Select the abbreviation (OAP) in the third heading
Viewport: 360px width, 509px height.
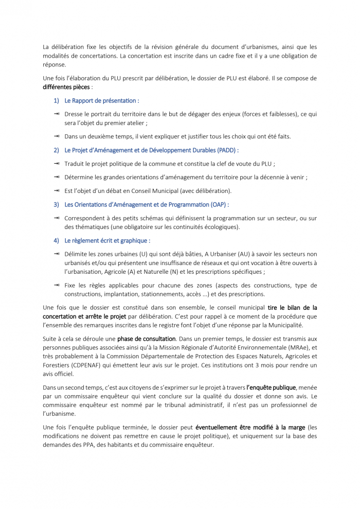219,204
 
